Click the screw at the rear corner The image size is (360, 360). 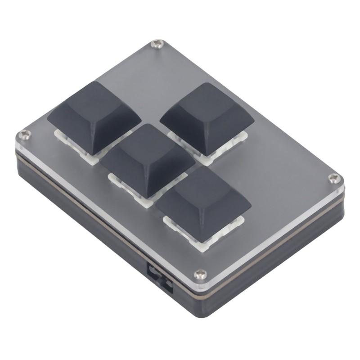coord(157,43)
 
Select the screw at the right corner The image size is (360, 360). coord(333,178)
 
